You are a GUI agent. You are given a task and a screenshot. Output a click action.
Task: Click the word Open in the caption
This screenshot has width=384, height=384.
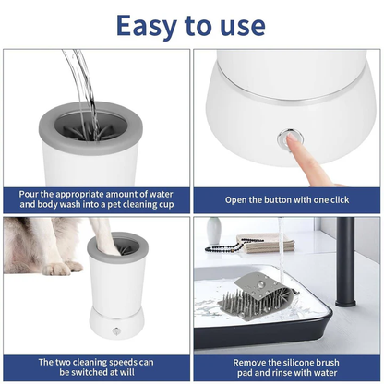(x=239, y=199)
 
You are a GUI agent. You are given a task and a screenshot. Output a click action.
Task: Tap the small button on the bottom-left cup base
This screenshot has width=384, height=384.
(x=116, y=330)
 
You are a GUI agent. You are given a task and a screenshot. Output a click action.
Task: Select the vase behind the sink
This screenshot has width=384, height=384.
(x=213, y=230)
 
